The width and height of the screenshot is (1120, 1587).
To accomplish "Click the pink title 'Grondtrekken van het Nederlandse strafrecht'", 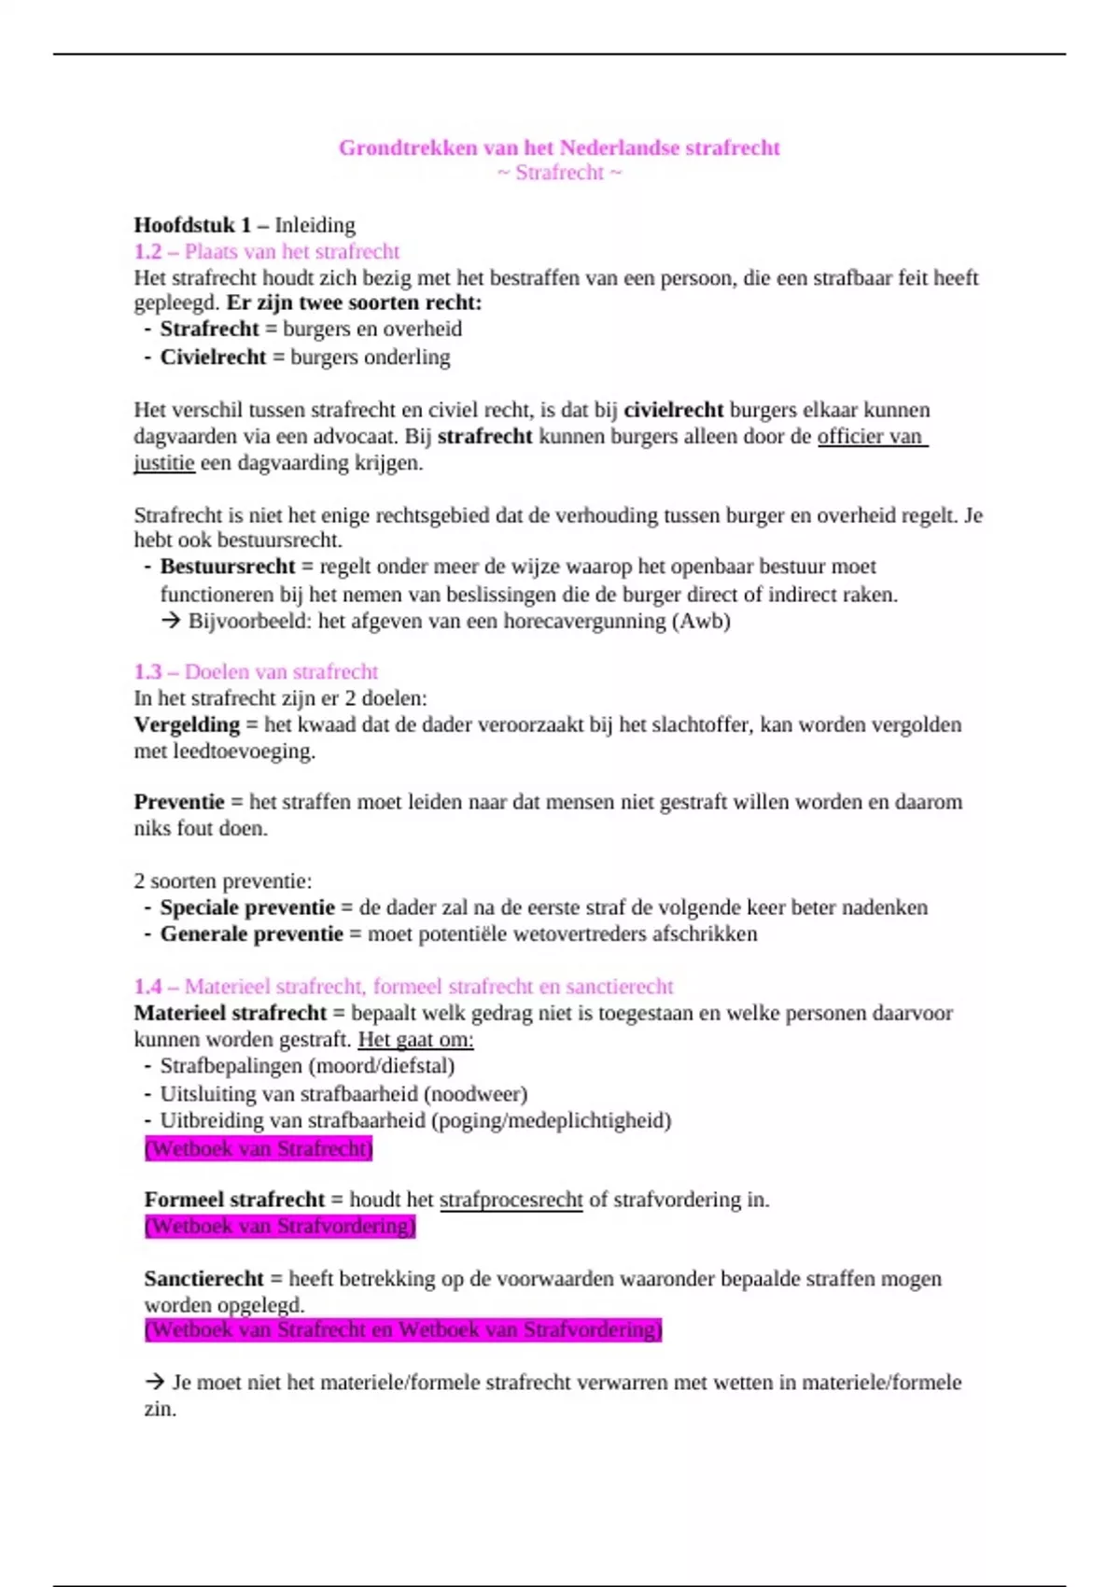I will pos(559,147).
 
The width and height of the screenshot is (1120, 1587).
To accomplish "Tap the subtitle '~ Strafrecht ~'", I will pos(559,173).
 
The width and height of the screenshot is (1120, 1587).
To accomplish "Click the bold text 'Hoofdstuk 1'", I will pos(192,225).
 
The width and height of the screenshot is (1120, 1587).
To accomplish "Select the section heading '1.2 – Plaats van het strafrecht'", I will pos(266,251).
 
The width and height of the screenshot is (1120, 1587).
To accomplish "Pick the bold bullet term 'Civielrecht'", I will pos(213,357).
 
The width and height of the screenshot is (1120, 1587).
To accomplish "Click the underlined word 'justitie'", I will pos(164,463).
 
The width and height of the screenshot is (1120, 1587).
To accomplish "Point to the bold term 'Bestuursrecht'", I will pos(228,567).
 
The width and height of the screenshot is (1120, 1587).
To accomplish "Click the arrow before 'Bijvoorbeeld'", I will pos(171,621).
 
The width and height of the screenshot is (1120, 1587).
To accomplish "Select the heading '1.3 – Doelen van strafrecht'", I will pos(256,671).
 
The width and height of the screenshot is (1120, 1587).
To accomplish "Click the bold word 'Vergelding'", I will pos(187,724).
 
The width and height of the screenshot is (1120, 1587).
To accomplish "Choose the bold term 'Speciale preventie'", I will pos(247,907).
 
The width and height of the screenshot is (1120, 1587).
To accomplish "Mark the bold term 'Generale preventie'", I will pos(252,934).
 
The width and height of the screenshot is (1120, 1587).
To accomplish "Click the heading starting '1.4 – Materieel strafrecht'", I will pos(403,987).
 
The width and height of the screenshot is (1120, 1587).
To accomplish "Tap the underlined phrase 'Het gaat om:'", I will pos(415,1040).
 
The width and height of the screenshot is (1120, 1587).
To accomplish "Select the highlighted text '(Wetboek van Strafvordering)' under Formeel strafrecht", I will pos(280,1226).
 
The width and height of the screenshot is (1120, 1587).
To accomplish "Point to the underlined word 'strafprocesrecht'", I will pos(511,1200).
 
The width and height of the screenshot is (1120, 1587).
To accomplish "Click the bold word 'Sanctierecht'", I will pos(203,1279).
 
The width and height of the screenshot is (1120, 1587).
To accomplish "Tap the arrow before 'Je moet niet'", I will pos(155,1382).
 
